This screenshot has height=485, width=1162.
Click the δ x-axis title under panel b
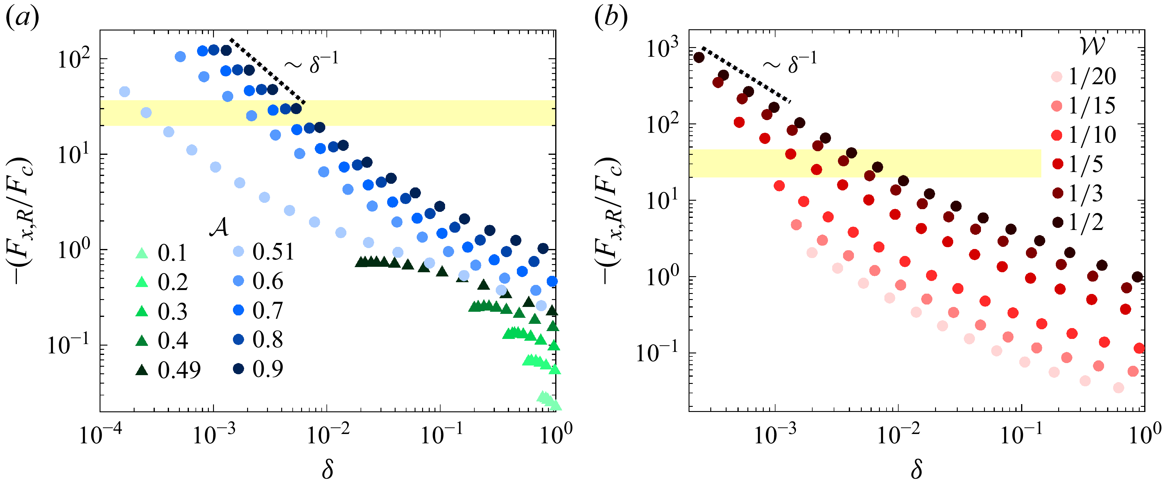[916, 469]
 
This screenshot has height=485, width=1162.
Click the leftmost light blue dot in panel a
[125, 91]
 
